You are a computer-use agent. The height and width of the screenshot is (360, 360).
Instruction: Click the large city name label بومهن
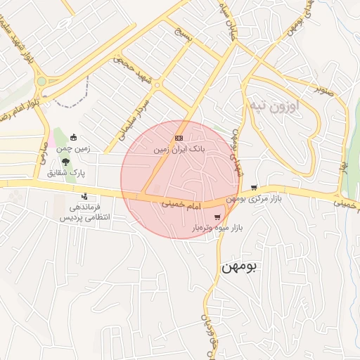(x=240, y=267)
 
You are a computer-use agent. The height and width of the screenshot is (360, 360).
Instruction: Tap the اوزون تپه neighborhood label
(x=274, y=105)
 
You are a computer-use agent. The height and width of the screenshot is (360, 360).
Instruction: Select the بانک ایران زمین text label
(x=179, y=150)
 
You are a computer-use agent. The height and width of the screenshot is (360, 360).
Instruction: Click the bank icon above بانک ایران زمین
(x=179, y=139)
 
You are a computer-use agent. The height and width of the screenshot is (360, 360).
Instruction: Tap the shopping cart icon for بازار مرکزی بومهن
(x=253, y=188)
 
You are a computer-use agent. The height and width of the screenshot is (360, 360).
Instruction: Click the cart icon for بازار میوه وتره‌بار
(x=217, y=217)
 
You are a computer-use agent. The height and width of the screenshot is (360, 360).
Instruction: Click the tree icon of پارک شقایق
(x=65, y=161)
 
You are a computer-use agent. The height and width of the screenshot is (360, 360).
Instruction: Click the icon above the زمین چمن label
(x=75, y=139)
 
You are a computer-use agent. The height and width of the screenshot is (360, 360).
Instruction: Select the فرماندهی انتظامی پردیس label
(x=85, y=213)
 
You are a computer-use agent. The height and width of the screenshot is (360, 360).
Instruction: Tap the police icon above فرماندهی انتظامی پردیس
(x=85, y=196)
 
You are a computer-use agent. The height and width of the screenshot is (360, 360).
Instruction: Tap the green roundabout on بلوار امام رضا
(x=41, y=82)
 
